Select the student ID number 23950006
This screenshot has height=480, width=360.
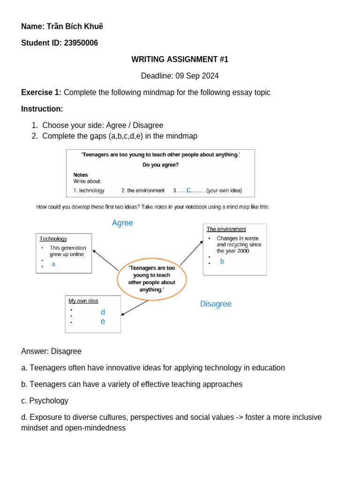(x=81, y=43)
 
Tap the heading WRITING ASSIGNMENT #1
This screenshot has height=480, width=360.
(x=180, y=60)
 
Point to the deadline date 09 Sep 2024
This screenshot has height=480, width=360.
(x=197, y=76)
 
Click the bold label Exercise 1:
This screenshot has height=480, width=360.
(x=41, y=92)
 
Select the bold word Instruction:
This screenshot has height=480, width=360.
(x=42, y=109)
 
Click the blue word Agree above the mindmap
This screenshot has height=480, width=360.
(x=122, y=223)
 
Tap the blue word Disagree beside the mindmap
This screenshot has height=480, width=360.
(x=216, y=304)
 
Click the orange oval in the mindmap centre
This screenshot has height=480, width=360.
(x=151, y=279)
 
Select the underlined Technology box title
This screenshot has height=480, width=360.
(x=53, y=239)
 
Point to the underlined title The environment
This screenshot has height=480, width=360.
(x=226, y=229)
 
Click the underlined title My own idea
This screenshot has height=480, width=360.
(x=83, y=300)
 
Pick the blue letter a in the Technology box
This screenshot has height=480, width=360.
(x=53, y=264)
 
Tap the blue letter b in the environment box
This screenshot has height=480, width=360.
(x=222, y=262)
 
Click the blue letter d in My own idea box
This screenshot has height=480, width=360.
(x=103, y=312)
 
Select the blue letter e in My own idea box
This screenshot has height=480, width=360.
(x=103, y=322)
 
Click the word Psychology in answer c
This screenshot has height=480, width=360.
(x=49, y=401)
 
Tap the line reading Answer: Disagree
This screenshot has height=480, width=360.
(x=51, y=351)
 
